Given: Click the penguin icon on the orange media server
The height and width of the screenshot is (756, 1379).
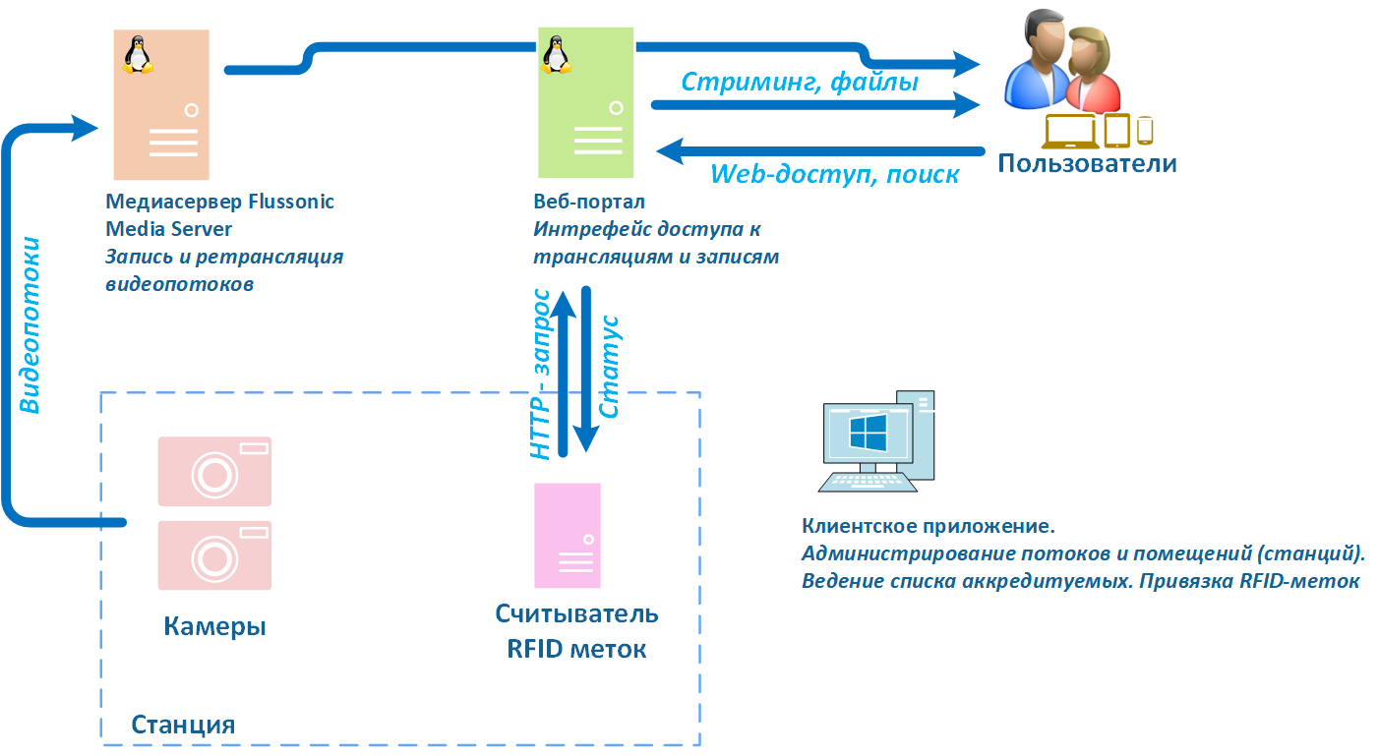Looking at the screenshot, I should click(x=138, y=55).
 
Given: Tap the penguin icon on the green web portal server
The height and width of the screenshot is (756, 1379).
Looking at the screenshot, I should click(x=555, y=55).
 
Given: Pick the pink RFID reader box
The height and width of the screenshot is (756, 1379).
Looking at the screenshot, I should click(x=567, y=535).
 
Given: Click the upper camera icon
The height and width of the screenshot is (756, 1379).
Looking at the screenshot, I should click(x=214, y=471).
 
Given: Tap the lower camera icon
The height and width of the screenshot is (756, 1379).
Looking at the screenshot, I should click(x=214, y=554).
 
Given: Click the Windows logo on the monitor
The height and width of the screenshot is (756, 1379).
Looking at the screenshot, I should click(x=868, y=433).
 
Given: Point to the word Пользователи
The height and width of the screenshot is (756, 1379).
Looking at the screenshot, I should click(x=1087, y=162).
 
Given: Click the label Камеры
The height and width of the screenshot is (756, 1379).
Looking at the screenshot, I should click(x=214, y=626).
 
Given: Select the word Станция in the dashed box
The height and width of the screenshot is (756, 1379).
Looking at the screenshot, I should click(x=183, y=726).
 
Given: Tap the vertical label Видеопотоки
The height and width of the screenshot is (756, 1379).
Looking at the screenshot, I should click(x=30, y=324).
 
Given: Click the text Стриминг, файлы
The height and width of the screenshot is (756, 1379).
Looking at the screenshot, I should click(x=800, y=83).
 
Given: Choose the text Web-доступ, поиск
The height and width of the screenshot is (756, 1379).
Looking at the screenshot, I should click(x=834, y=174).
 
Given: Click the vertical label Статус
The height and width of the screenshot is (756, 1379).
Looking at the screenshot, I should click(x=609, y=367).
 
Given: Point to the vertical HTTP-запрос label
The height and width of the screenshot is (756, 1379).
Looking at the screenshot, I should click(x=540, y=375).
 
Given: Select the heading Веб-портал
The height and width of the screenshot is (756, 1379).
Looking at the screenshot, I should click(x=589, y=203).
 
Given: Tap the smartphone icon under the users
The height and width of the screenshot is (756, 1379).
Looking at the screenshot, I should click(x=1144, y=130).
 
